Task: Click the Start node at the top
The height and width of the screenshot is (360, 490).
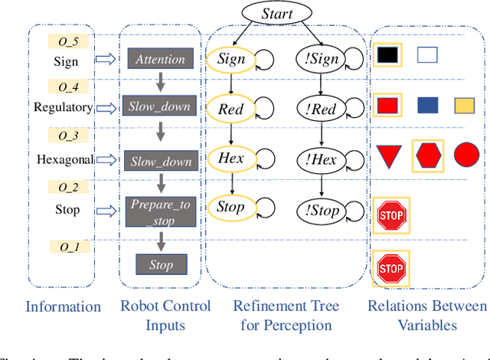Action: click(276, 13)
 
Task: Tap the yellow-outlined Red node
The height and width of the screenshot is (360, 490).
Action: click(230, 109)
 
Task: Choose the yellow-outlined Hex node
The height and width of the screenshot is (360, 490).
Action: click(230, 159)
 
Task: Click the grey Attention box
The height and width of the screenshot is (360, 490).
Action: click(160, 59)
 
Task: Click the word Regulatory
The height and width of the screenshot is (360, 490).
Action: click(63, 107)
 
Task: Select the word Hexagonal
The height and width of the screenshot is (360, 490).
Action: click(65, 159)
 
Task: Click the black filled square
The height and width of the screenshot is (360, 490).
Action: click(388, 54)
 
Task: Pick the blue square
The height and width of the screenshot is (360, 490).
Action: click(428, 106)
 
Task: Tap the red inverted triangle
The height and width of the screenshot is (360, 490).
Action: click(388, 157)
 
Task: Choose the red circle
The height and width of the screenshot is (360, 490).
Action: click(466, 155)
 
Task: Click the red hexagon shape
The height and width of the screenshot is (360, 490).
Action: click(428, 157)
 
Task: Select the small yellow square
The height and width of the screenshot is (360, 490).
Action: click(464, 106)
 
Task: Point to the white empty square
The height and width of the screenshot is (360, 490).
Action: click(427, 54)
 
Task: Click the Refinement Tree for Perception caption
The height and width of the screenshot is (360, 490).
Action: click(286, 316)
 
